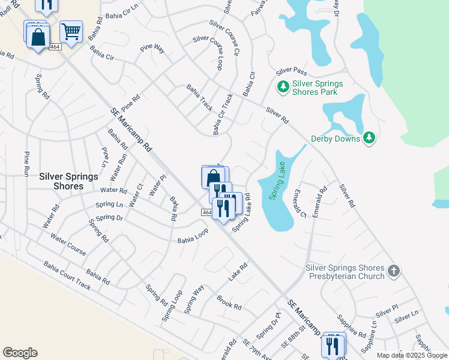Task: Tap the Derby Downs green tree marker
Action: [x=370, y=139]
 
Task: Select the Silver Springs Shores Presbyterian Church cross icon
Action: [x=393, y=271]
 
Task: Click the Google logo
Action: [x=20, y=353]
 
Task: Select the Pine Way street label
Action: [x=152, y=49]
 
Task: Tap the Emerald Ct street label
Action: [x=299, y=205]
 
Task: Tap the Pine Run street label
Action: [x=26, y=163]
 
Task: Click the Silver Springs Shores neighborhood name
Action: [x=61, y=181]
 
